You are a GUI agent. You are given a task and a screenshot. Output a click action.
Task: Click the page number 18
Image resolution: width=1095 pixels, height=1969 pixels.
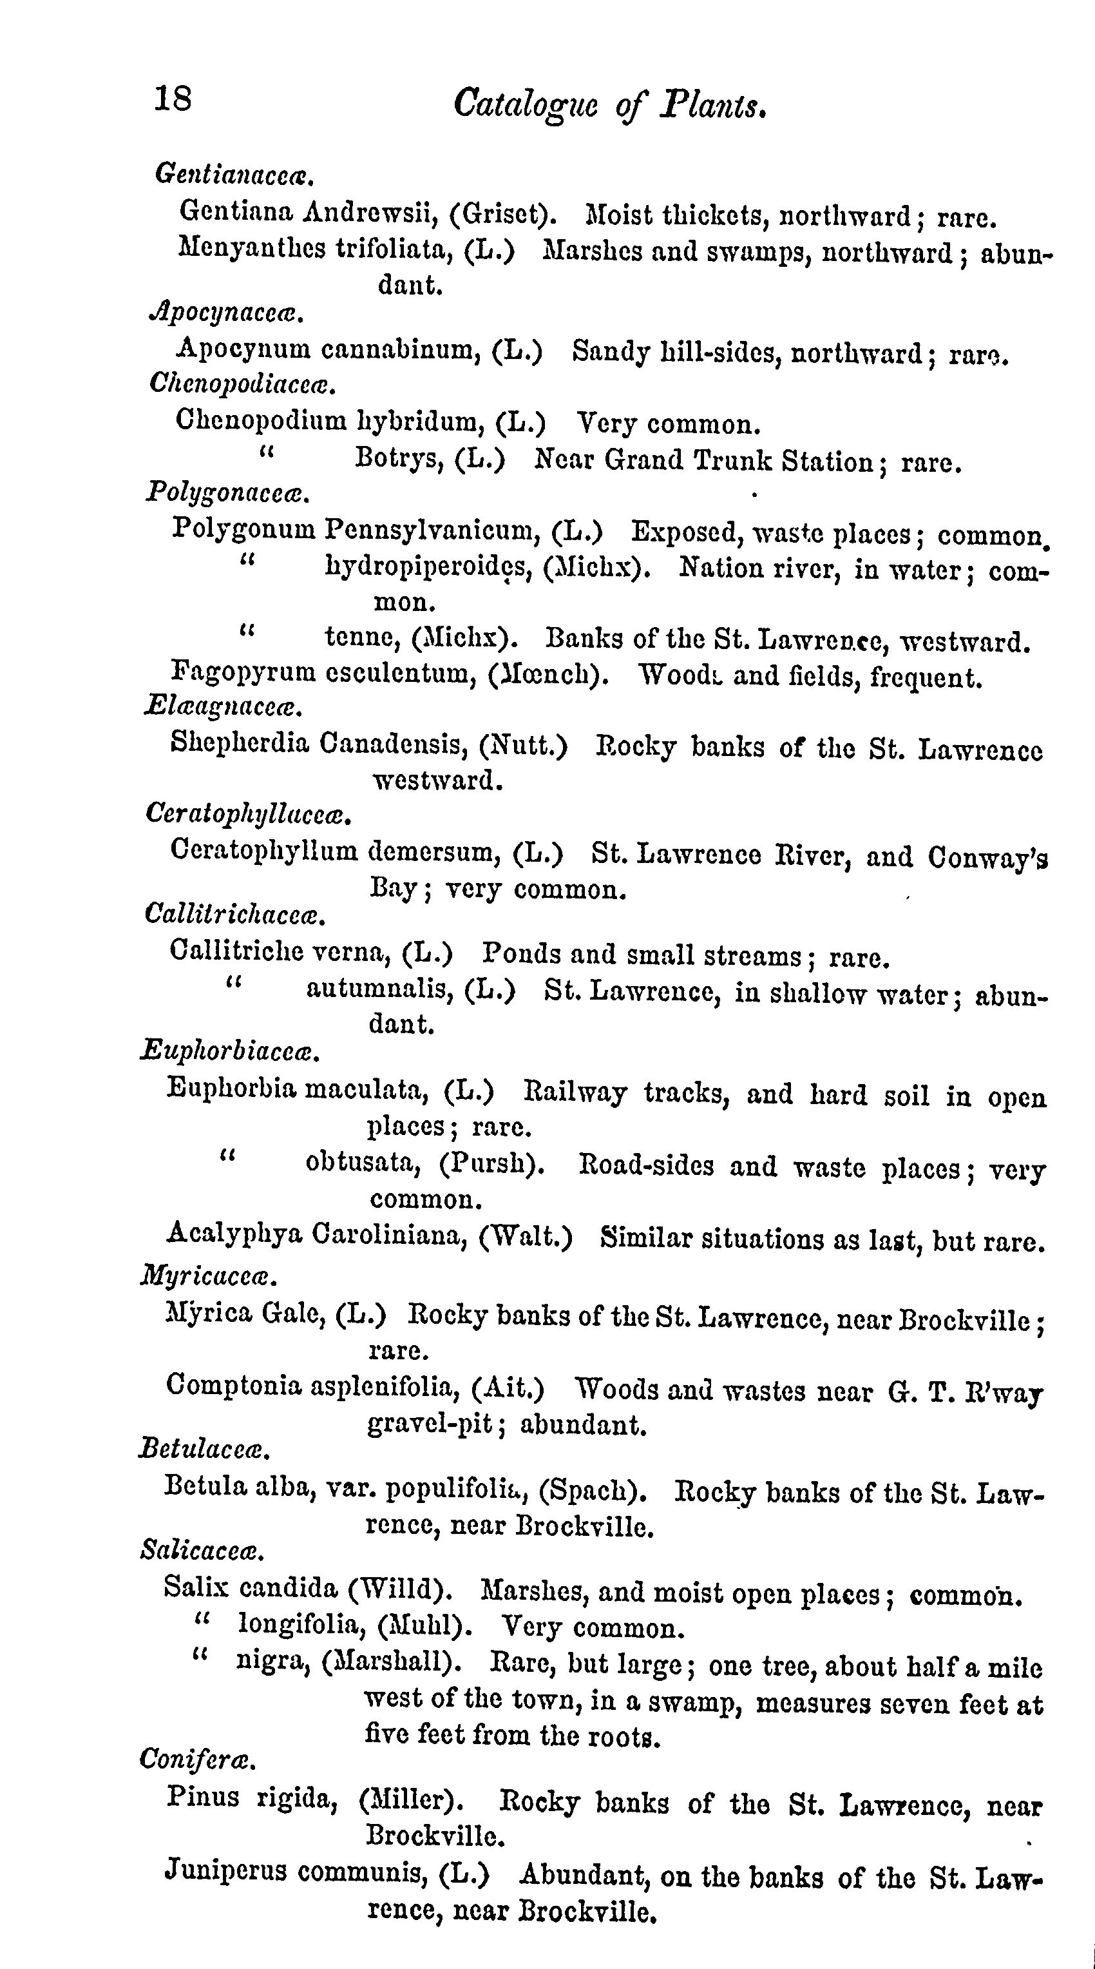point(173,99)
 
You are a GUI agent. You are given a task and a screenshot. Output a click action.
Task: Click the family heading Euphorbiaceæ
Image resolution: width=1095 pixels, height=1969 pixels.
point(229,1053)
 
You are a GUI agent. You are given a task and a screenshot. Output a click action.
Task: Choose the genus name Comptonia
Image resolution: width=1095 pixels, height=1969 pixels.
point(234,1384)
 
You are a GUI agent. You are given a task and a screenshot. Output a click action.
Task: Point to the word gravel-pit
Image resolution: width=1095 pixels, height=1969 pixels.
point(430,1423)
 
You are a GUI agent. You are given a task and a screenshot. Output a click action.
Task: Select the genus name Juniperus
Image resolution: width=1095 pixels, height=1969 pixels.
point(226,1871)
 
